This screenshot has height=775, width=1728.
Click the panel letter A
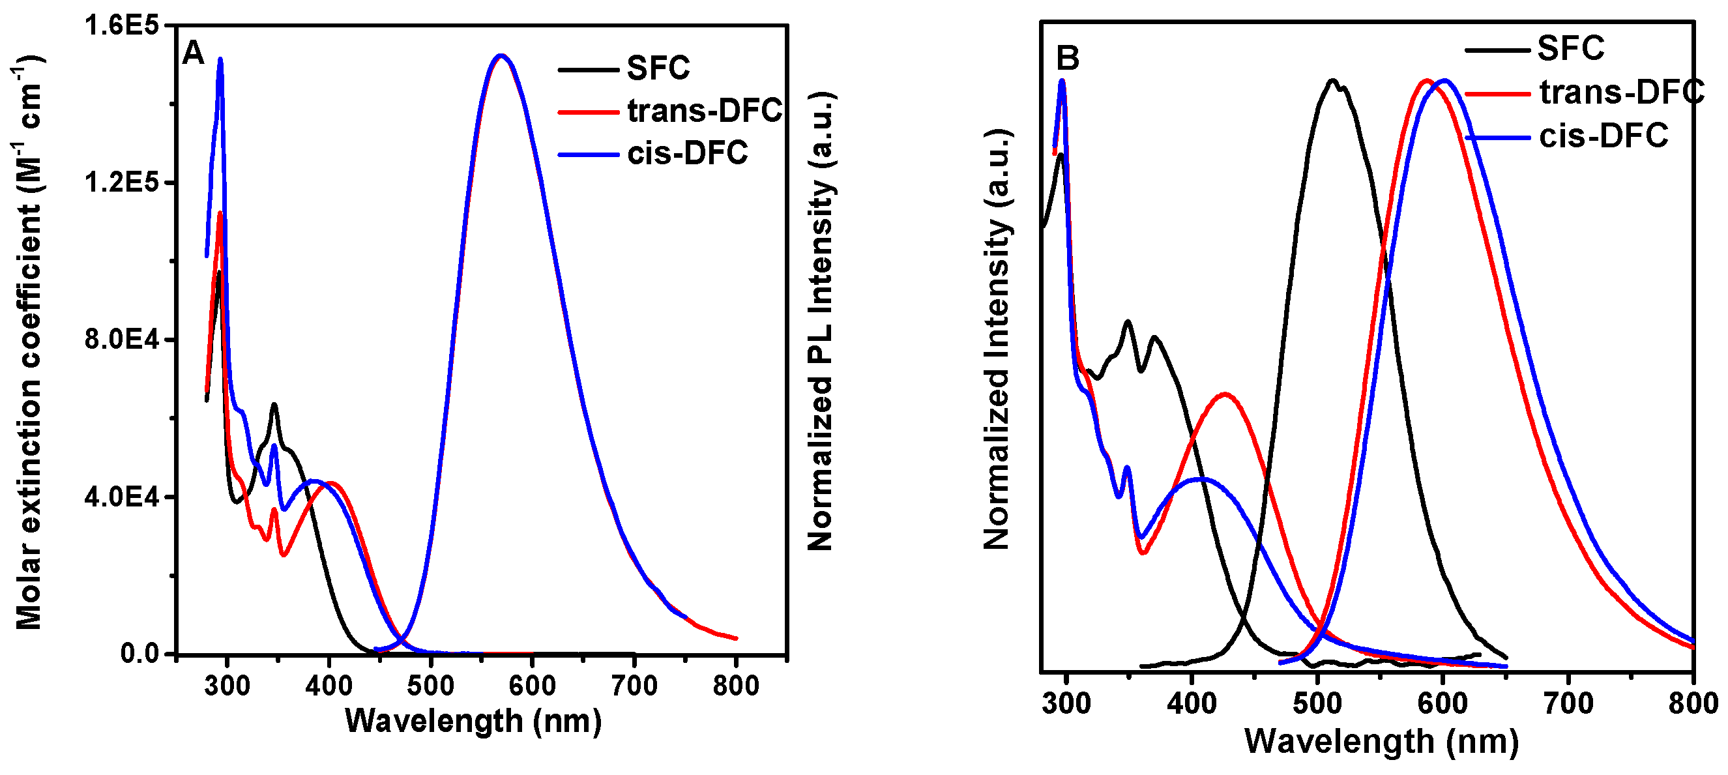193,52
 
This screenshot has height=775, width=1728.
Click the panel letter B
1067,58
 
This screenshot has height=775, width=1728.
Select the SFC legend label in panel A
658,68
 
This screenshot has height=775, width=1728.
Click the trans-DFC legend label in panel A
705,110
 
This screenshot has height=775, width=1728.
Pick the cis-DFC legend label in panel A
688,153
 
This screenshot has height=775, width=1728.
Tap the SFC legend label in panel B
1570,48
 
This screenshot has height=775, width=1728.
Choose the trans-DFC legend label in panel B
1621,92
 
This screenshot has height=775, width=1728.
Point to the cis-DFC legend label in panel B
1604,136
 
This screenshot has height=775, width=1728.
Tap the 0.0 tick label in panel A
139,653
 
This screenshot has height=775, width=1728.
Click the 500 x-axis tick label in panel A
430,686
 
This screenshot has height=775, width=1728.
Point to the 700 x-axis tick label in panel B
1568,703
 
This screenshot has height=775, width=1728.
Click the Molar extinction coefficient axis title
28,342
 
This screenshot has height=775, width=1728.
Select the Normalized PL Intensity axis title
820,322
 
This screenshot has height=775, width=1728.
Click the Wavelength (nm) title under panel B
1381,742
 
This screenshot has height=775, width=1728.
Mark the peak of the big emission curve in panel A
500,55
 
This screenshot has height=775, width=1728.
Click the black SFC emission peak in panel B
1332,81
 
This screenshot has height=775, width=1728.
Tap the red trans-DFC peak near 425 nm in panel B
1225,394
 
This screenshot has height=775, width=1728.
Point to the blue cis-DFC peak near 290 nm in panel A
220,60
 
